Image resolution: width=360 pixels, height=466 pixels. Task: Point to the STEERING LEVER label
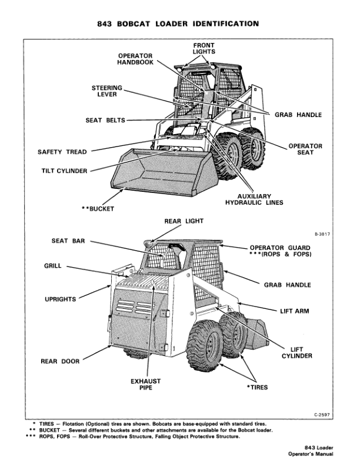(107, 91)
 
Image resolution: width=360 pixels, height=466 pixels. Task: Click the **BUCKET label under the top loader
(98, 208)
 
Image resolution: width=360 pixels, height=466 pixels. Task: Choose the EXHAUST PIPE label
(146, 385)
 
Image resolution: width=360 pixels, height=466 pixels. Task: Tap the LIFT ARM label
(294, 311)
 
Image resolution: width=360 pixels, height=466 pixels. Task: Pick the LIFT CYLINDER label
(296, 352)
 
